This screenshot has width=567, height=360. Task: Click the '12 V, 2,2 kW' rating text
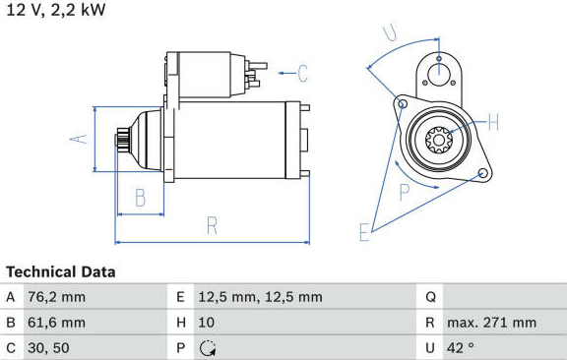click(56, 10)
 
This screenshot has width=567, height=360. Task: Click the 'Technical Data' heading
click(61, 271)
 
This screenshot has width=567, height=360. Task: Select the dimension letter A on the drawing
click(79, 139)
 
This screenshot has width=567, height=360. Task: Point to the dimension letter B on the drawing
click(141, 198)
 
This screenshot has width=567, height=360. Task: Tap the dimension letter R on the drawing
click(212, 225)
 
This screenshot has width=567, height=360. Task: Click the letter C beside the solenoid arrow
click(302, 74)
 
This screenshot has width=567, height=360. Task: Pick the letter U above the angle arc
click(390, 32)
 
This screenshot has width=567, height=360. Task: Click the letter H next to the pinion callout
click(493, 122)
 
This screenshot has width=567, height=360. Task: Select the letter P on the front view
click(405, 192)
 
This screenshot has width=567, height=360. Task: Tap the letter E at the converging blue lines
click(364, 232)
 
